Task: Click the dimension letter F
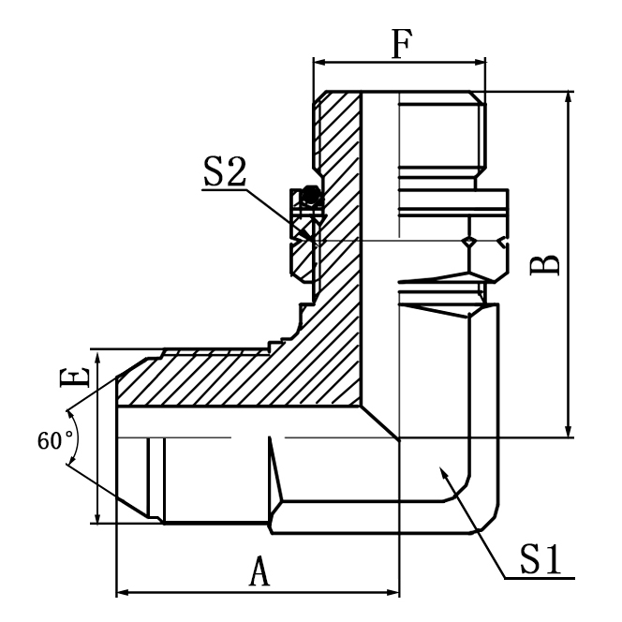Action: point(402,44)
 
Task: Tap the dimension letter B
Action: point(545,265)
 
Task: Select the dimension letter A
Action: point(259,571)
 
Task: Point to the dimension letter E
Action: point(75,378)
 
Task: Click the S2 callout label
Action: point(225,171)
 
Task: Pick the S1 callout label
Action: point(541,559)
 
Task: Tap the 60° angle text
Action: point(55,440)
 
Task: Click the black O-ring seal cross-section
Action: point(310,195)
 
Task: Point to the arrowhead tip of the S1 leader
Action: point(440,467)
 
